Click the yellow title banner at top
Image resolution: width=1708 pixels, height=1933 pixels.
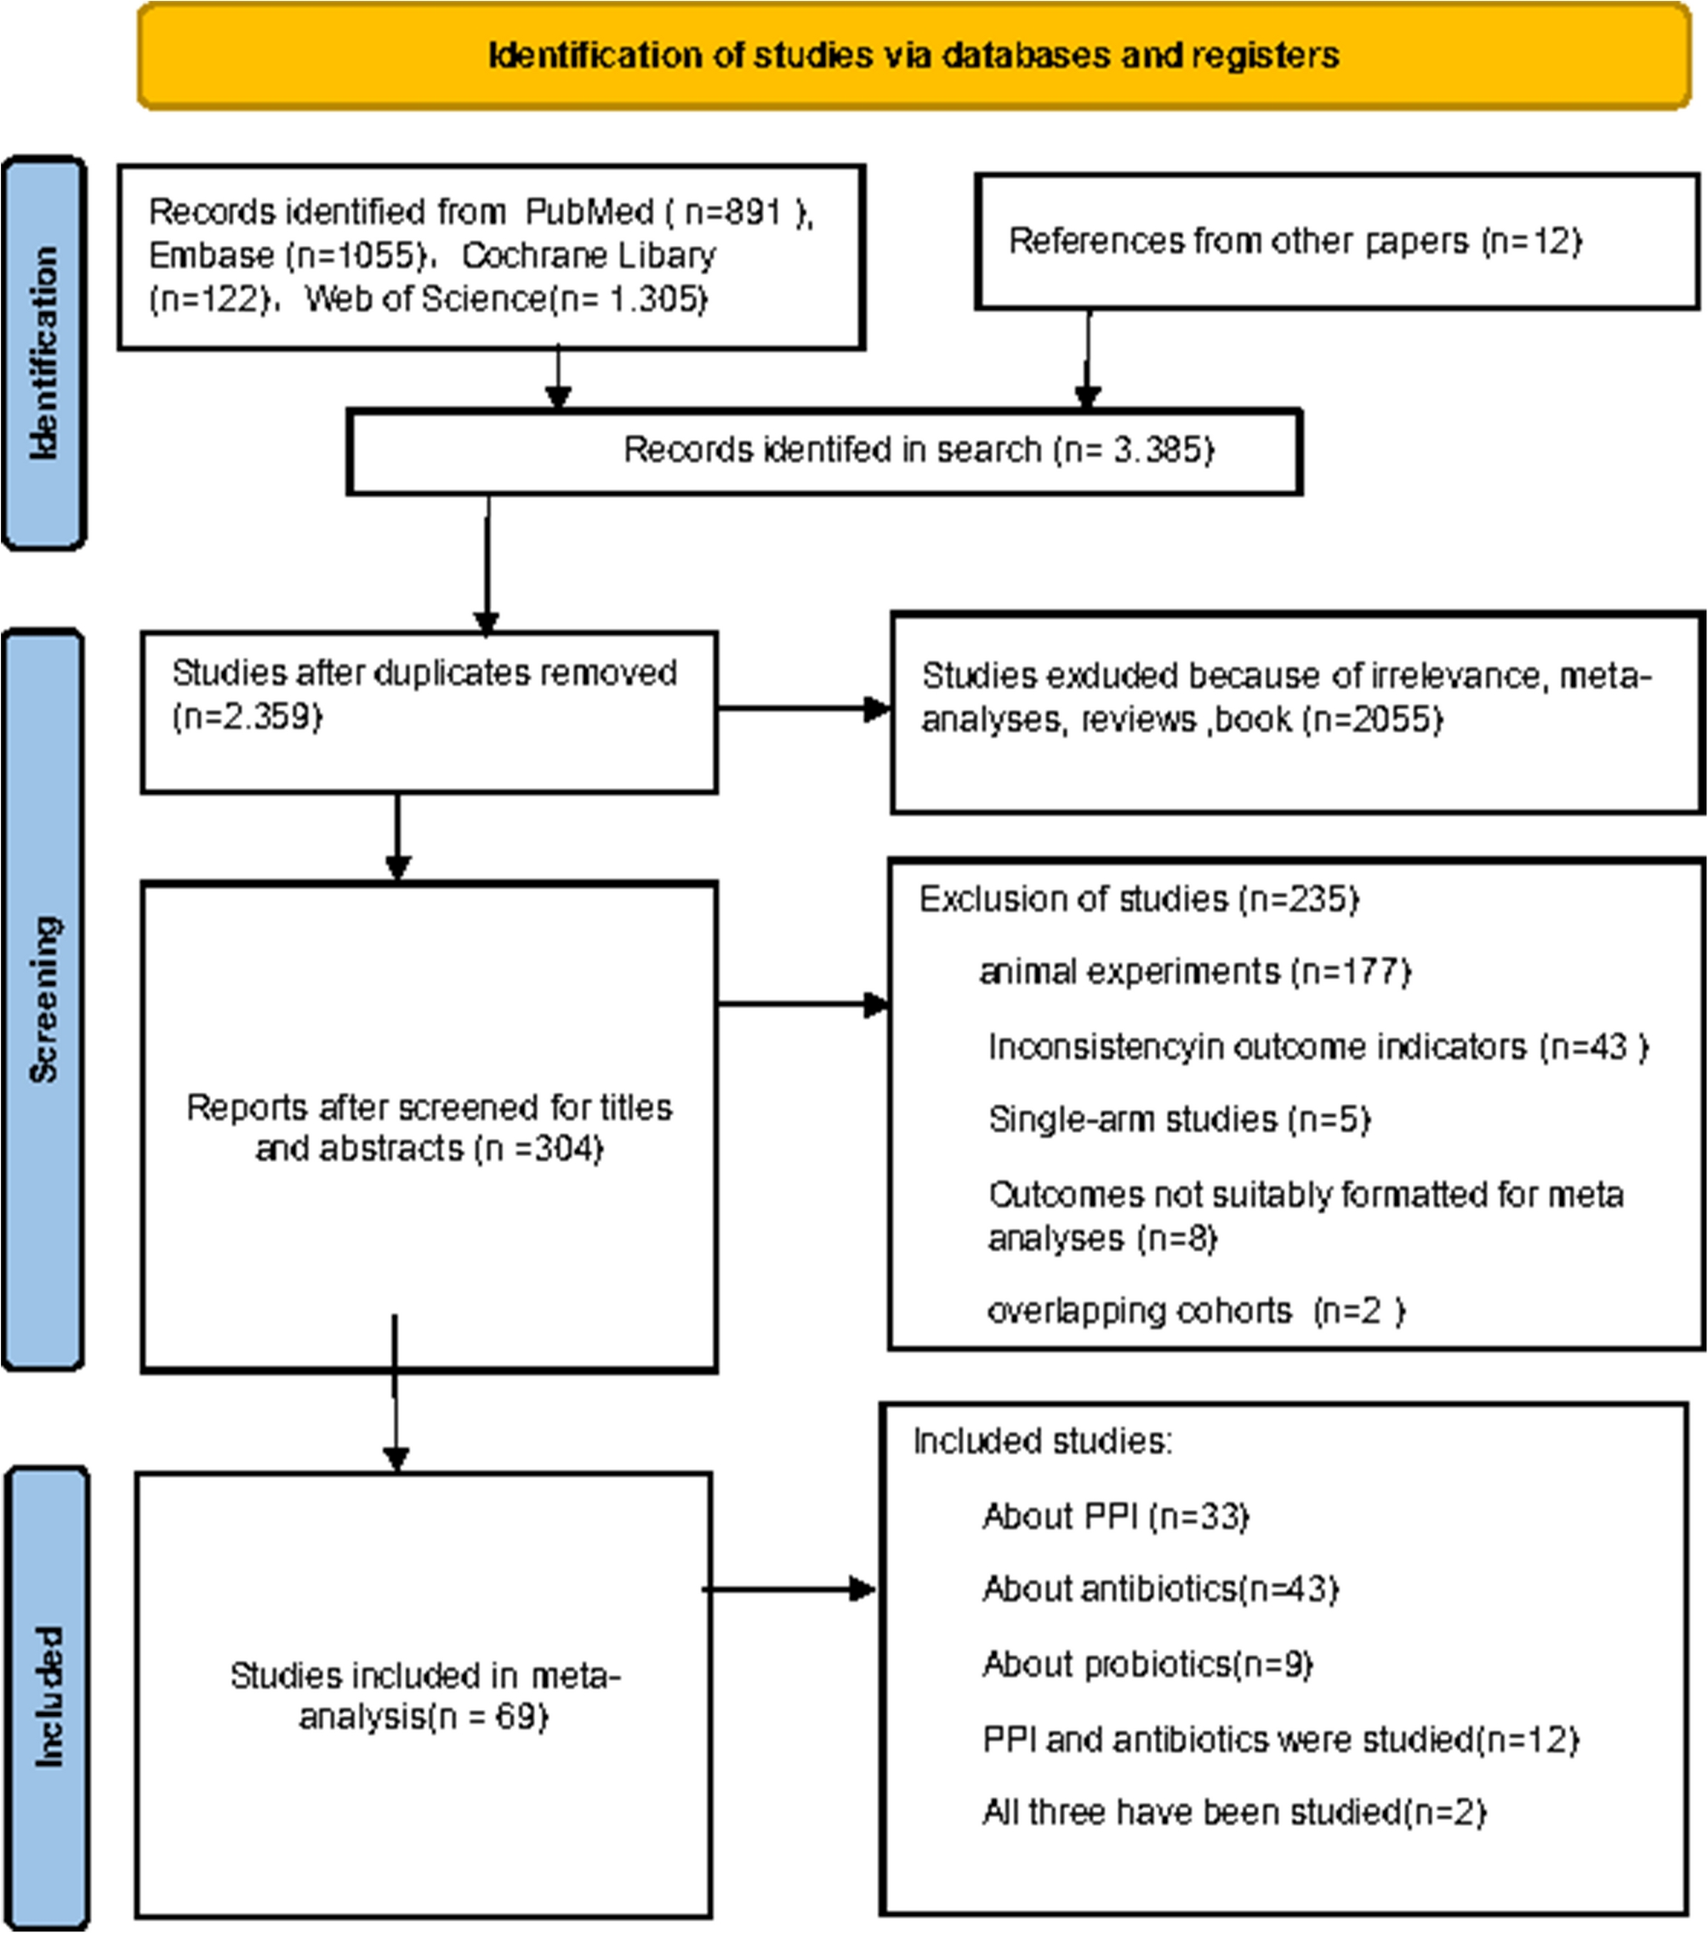913,56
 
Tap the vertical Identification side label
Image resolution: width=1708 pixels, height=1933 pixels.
43,352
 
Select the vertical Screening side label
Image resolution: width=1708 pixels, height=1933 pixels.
43,998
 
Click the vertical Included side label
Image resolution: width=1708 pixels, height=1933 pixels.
48,1696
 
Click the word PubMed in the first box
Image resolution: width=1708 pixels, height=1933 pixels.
588,212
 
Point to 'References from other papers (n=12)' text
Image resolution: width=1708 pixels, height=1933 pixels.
1294,241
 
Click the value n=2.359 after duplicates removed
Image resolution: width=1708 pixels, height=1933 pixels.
248,717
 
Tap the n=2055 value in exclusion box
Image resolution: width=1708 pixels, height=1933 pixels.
1373,720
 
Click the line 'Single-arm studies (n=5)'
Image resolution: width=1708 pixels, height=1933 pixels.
1179,1119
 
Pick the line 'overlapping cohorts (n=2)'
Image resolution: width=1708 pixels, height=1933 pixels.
1195,1311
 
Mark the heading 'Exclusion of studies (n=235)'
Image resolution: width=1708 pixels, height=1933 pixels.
1138,899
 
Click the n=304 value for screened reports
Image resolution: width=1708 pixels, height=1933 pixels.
543,1149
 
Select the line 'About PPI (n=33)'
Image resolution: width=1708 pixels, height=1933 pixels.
1115,1516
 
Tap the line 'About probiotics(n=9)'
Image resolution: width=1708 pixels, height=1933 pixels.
1147,1663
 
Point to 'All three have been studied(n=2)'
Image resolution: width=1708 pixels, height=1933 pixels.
1233,1811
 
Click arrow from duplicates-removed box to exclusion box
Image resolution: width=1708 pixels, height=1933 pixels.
804,708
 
